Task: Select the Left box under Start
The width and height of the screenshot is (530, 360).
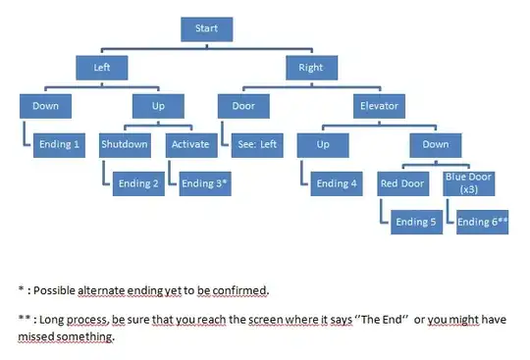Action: (103, 68)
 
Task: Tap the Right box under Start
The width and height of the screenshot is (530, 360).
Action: (310, 68)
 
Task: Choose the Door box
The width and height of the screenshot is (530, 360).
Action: (244, 105)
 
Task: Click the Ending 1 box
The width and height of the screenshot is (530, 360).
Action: (59, 144)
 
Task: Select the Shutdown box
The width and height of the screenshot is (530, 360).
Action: (125, 144)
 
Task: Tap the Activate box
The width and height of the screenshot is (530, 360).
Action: (190, 144)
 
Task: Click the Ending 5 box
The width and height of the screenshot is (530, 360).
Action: (417, 223)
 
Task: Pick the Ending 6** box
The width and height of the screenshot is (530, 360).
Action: (482, 223)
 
